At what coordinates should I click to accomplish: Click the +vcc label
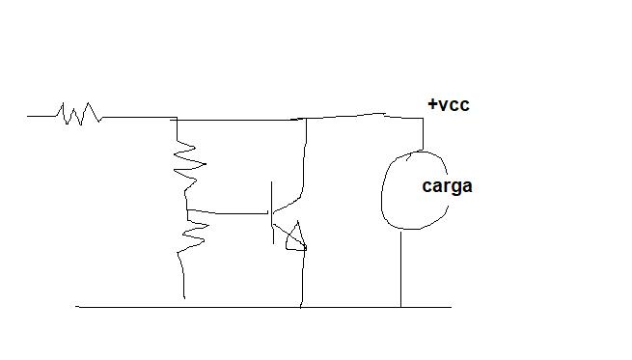(x=449, y=105)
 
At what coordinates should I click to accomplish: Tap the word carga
(x=447, y=186)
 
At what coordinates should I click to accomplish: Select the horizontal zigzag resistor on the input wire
(x=78, y=114)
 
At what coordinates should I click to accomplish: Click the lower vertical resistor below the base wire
(x=195, y=231)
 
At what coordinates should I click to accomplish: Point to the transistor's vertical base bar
(x=272, y=212)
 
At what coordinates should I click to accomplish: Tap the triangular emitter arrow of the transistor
(x=296, y=237)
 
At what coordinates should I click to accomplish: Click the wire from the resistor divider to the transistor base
(x=228, y=212)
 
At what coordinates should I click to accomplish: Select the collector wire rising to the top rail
(x=304, y=159)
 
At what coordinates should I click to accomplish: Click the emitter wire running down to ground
(x=303, y=279)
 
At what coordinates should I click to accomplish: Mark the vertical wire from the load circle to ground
(x=400, y=268)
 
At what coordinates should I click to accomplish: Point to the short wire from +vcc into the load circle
(x=423, y=134)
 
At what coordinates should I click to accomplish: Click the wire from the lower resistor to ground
(x=182, y=276)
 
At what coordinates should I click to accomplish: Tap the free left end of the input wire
(x=27, y=116)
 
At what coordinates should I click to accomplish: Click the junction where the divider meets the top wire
(x=177, y=120)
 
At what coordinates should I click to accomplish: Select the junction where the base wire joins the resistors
(x=187, y=209)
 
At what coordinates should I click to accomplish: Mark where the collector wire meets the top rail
(x=306, y=119)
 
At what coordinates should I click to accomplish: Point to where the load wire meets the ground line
(x=400, y=307)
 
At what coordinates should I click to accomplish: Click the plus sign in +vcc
(x=432, y=104)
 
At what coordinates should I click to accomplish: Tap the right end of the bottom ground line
(x=451, y=307)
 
